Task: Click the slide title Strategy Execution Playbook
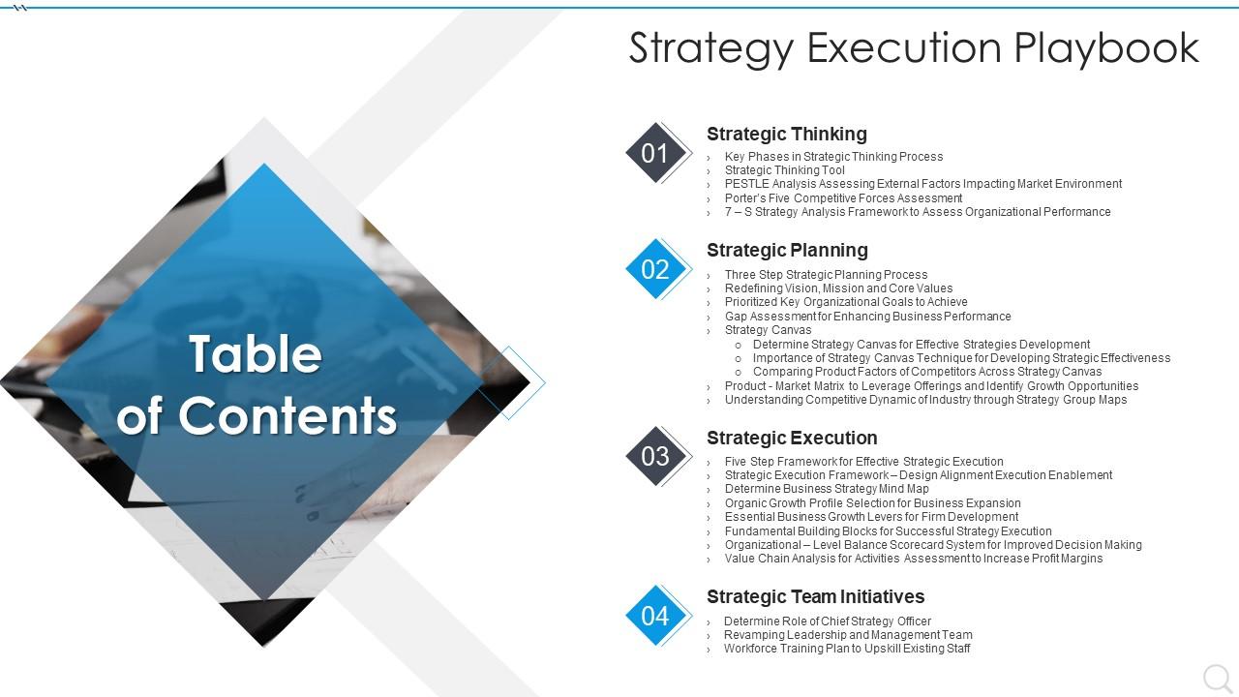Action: (x=914, y=47)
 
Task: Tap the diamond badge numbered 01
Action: (x=655, y=153)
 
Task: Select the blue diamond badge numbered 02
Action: (x=655, y=269)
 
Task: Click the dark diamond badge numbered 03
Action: (x=655, y=456)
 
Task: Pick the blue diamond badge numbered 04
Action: (x=655, y=616)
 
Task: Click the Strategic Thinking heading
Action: (x=786, y=134)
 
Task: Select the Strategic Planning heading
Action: (x=787, y=250)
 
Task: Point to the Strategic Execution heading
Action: (x=792, y=438)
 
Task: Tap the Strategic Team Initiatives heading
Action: (x=815, y=596)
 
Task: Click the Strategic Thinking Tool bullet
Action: (x=784, y=170)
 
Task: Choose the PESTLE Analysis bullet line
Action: (x=922, y=184)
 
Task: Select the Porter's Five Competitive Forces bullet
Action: (x=843, y=198)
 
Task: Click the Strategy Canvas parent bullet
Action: (x=768, y=330)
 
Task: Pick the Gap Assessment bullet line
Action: (x=867, y=317)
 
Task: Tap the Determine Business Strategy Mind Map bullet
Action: (x=827, y=489)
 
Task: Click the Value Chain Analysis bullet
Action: (x=913, y=559)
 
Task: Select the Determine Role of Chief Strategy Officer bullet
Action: (x=828, y=621)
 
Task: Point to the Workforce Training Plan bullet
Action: (x=847, y=649)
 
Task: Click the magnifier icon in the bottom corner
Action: (x=1216, y=678)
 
